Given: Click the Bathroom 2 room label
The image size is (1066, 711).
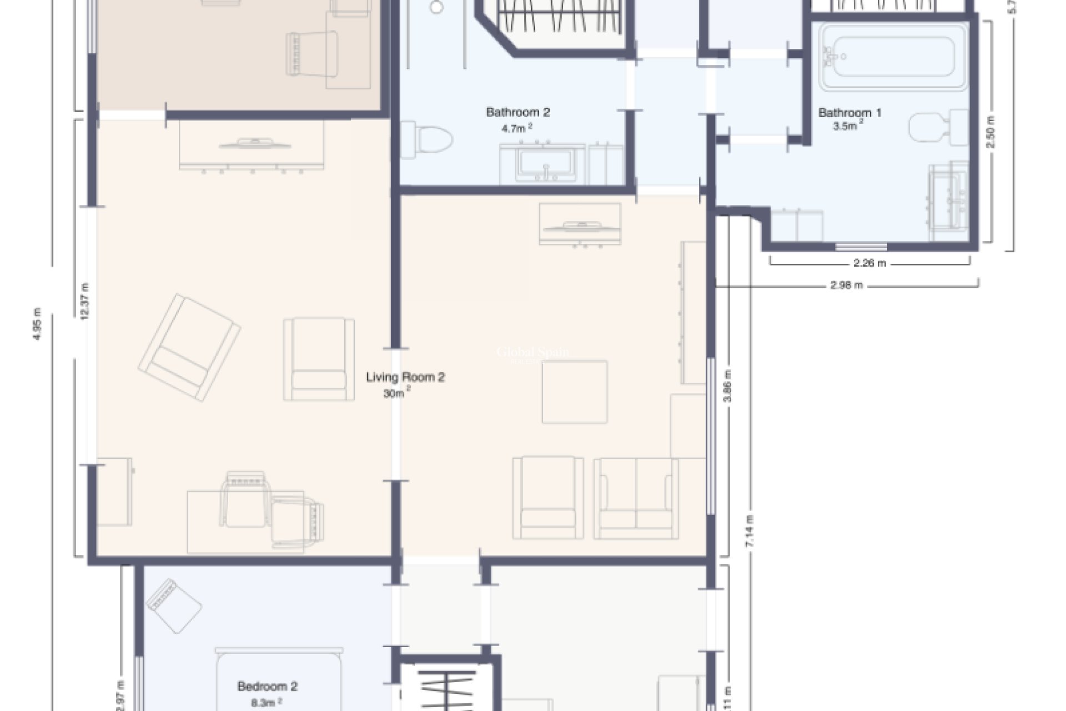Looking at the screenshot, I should point(517,113).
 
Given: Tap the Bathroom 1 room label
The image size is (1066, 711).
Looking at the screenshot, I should point(849,113).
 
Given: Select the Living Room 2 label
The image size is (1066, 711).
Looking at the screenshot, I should point(405,378).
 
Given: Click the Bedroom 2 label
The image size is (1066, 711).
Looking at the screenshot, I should point(267,687).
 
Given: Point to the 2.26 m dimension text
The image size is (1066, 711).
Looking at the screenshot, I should point(869,263).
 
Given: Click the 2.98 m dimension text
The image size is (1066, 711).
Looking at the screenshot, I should point(847,286).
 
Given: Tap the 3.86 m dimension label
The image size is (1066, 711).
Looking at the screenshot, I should point(728,387).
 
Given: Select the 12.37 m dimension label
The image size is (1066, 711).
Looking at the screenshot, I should point(84,302).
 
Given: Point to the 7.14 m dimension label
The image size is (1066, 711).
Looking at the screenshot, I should point(750,532).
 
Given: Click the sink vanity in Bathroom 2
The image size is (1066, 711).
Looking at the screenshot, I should point(542,164).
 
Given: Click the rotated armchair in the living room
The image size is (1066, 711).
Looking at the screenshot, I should point(189,347).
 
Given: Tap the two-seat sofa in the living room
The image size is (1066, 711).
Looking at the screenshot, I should point(636,498).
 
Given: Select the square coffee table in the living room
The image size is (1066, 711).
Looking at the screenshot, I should point(575,392).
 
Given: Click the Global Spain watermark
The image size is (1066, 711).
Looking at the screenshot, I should point(532,352).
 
